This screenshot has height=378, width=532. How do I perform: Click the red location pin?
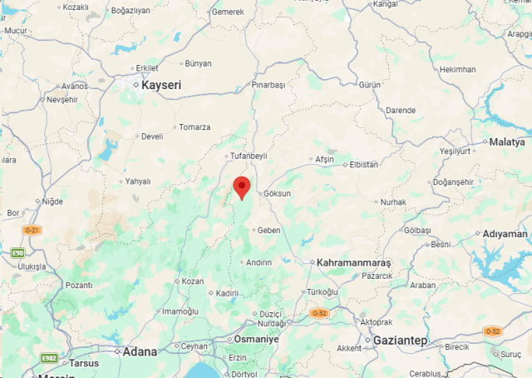(242, 187)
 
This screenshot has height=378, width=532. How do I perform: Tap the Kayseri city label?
(160, 85)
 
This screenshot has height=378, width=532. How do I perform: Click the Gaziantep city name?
(400, 341)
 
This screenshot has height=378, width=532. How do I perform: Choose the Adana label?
(140, 351)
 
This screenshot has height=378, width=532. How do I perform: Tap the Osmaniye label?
(255, 341)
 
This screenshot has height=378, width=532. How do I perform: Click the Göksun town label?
(277, 193)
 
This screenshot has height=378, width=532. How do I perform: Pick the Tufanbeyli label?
(248, 156)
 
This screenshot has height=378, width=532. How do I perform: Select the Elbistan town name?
(364, 164)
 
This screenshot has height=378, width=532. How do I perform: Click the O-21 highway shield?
(32, 229)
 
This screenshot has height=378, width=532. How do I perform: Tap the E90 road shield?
(17, 252)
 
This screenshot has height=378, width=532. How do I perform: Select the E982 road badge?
(49, 358)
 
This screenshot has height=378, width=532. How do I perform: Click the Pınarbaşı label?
(268, 85)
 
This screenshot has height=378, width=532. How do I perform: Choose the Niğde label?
(52, 201)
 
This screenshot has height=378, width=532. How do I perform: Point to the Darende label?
(400, 110)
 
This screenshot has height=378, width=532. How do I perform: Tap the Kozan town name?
(193, 281)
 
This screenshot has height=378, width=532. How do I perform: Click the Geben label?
(269, 230)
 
